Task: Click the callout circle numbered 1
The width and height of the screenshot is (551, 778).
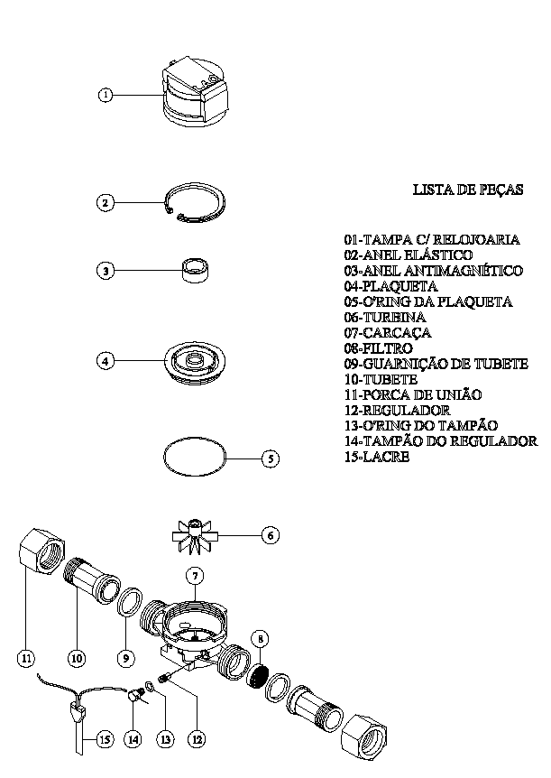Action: click(106, 95)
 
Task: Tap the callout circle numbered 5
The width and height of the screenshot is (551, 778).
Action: click(271, 458)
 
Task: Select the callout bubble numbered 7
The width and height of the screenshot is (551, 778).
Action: click(195, 576)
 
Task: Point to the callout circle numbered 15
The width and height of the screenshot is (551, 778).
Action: click(105, 740)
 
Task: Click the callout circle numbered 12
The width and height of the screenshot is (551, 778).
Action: click(197, 740)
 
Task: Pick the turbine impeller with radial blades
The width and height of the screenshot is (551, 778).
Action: click(196, 536)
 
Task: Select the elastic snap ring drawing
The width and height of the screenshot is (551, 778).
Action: click(196, 203)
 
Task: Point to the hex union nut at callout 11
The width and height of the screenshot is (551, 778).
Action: click(42, 550)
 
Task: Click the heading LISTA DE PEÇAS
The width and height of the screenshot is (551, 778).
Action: click(468, 190)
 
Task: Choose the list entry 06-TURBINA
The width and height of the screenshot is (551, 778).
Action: click(385, 318)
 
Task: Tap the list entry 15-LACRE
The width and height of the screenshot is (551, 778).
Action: click(377, 457)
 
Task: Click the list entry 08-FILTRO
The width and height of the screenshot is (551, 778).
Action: click(378, 348)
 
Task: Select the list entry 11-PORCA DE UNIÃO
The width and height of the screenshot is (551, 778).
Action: click(413, 395)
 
